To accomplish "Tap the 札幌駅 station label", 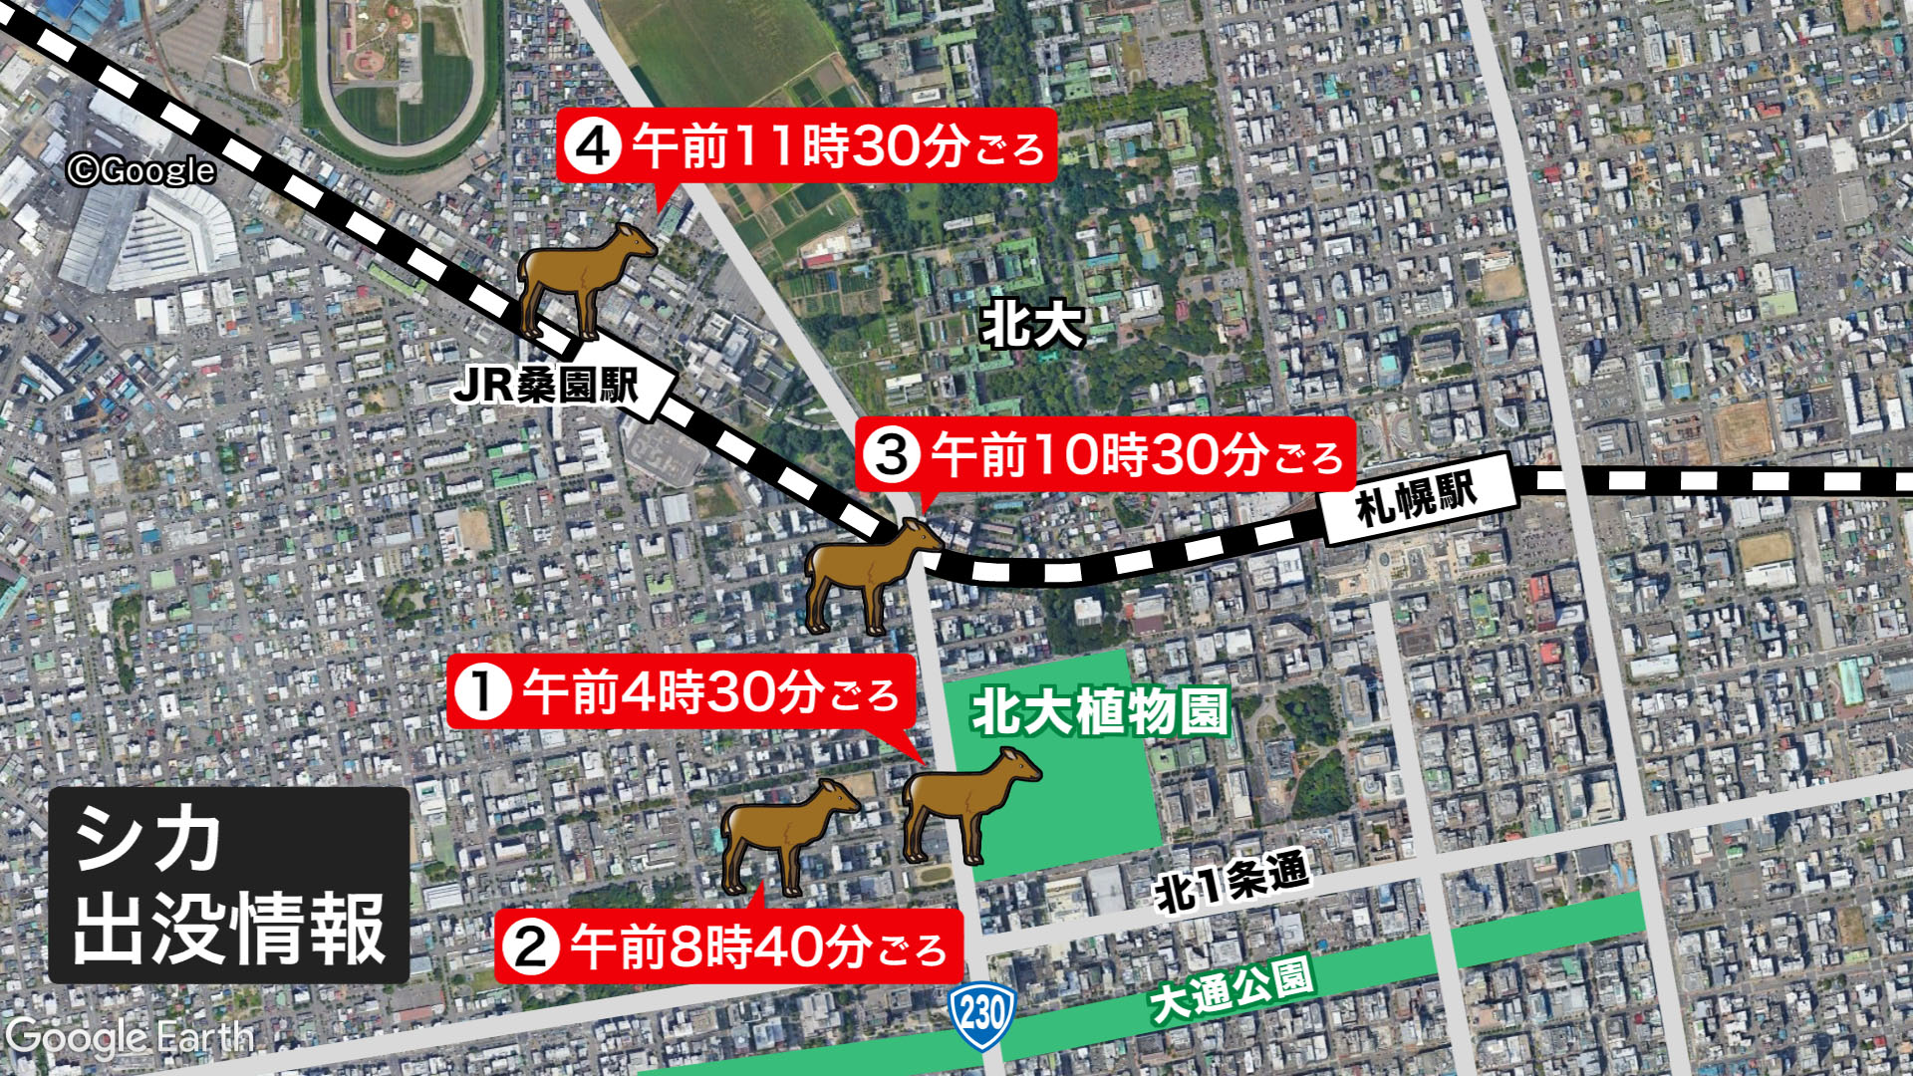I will pyautogui.click(x=1416, y=496).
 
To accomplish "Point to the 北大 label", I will pyautogui.click(x=1031, y=324).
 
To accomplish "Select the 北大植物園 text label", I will pyautogui.click(x=1101, y=712).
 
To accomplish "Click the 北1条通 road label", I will pyautogui.click(x=1231, y=882).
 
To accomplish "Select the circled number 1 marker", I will pyautogui.click(x=483, y=691).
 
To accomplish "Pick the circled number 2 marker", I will pyautogui.click(x=531, y=945).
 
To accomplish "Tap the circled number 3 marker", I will pyautogui.click(x=892, y=455).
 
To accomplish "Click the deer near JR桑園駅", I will pyautogui.click(x=581, y=279).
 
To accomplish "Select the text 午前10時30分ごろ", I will pyautogui.click(x=1137, y=455).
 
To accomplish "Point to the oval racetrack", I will pyautogui.click(x=399, y=75).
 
